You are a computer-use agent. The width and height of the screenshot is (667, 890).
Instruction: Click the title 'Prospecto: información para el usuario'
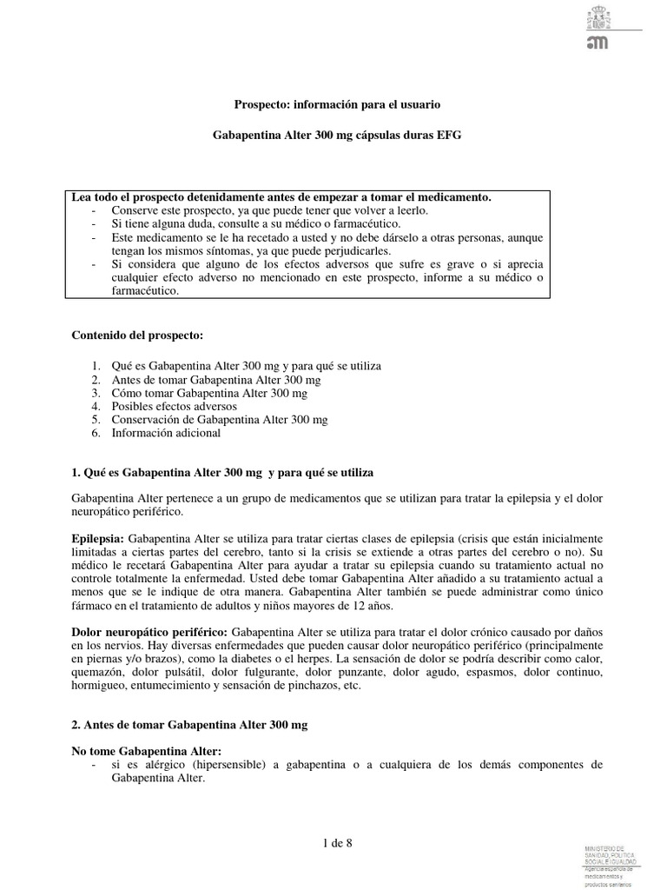[x=338, y=104]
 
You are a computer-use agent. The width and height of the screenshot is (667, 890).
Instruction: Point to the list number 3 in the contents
[x=96, y=393]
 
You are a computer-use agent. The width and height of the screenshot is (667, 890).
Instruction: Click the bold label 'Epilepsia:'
[x=98, y=539]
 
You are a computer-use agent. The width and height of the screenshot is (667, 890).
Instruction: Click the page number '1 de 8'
[x=337, y=843]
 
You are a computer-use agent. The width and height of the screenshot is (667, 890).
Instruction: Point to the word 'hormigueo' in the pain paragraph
[x=99, y=686]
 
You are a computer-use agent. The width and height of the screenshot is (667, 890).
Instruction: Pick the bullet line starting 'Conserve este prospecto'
[x=269, y=211]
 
